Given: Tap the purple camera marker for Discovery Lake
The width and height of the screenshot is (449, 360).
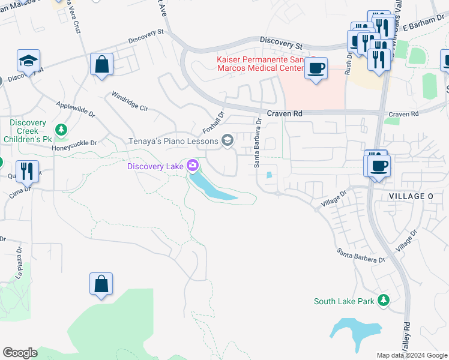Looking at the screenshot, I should (193, 165).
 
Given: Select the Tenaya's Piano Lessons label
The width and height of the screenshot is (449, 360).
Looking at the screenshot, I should (173, 141).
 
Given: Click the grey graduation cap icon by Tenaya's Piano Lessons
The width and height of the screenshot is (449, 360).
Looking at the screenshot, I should (227, 141).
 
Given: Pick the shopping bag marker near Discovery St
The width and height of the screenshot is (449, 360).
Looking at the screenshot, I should (101, 64).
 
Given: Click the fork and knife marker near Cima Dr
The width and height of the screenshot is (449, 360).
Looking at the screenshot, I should (27, 171).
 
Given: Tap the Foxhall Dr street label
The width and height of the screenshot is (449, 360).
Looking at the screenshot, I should (213, 122).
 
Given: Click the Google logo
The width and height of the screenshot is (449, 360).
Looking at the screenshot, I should (20, 353).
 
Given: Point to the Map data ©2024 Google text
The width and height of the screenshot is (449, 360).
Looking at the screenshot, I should (411, 355).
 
